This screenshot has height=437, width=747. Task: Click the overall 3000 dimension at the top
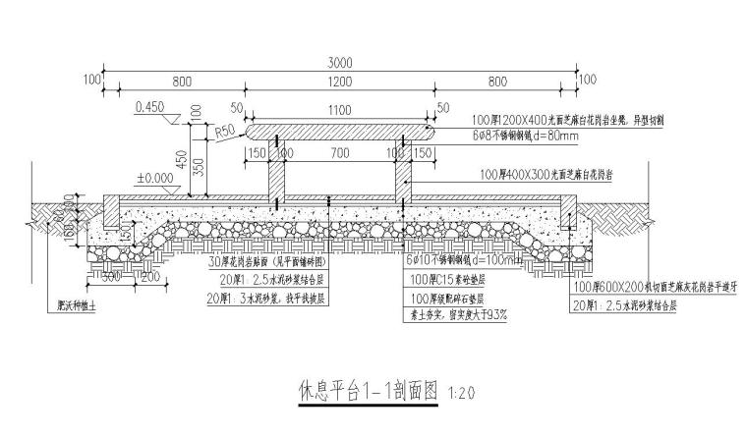tap(340, 62)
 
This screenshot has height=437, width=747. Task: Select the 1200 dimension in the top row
tap(340, 83)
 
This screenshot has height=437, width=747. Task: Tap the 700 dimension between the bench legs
tap(340, 155)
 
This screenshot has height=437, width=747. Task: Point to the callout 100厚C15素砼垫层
tap(444, 280)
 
